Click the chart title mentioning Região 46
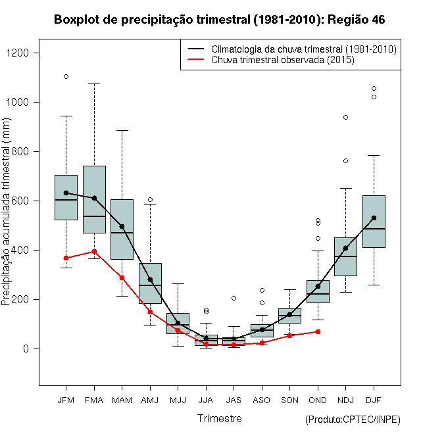[x=219, y=20]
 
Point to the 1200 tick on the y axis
[x=31, y=53]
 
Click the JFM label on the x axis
[x=66, y=400]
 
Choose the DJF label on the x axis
[x=373, y=400]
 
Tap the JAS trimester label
[x=234, y=400]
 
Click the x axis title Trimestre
[x=220, y=418]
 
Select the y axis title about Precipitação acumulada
[x=7, y=217]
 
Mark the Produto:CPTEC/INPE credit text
[x=353, y=420]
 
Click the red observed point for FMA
[x=94, y=251]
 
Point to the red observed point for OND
[x=318, y=331]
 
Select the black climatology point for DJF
[x=374, y=218]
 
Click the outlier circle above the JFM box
[x=66, y=76]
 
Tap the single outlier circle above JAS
[x=234, y=298]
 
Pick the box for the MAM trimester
[x=122, y=229]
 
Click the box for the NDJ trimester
[x=345, y=256]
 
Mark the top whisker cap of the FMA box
[x=94, y=84]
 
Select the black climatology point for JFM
[x=66, y=193]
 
